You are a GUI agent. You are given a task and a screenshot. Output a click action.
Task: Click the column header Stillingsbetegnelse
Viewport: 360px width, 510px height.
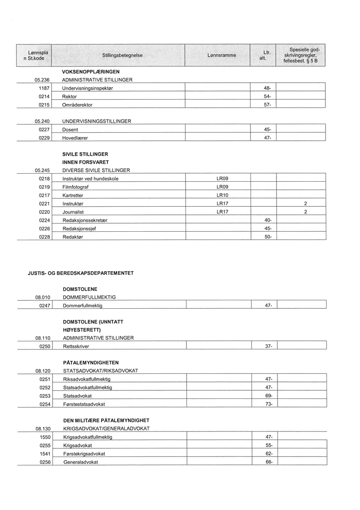pos(118,55)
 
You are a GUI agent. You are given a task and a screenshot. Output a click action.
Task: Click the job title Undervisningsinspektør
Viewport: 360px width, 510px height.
pos(88,88)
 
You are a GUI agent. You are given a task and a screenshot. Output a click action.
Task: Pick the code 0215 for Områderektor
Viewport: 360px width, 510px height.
pos(44,105)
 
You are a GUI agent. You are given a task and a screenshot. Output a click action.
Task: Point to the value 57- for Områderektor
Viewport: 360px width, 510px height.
pos(267,105)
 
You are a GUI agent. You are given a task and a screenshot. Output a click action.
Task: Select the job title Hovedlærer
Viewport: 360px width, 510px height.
pos(75,138)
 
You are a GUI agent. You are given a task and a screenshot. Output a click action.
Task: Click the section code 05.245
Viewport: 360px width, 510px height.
pos(42,170)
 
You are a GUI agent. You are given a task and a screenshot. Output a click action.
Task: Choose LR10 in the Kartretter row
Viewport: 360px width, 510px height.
pos(222,195)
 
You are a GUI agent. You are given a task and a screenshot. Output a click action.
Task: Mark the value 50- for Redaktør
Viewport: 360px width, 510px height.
pos(267,237)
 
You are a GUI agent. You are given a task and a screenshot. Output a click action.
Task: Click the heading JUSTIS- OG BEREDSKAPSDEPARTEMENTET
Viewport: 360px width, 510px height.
pos(81,273)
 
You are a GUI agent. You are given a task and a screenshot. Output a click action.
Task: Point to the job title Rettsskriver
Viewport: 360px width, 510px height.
pos(76,346)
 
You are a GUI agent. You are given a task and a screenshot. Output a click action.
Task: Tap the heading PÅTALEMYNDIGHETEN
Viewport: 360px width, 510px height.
pos(91,362)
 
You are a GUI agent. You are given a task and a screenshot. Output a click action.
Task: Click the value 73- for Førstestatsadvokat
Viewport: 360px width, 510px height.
pos(268,404)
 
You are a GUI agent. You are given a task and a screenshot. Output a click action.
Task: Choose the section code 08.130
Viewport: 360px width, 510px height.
pos(43,428)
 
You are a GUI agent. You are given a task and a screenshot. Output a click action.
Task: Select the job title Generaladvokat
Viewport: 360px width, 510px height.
pos(81,462)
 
